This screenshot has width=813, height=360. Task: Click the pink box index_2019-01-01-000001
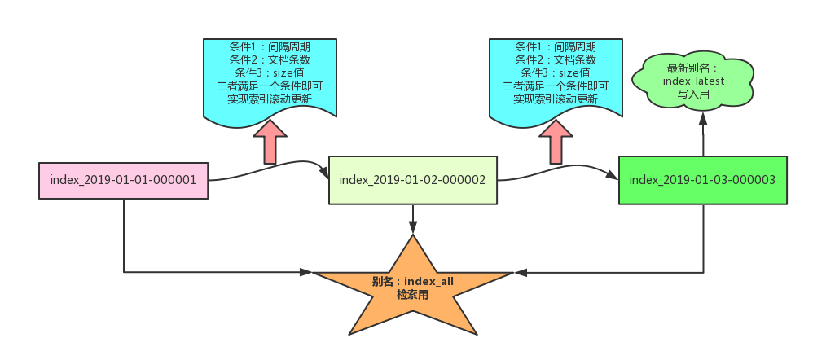pyautogui.click(x=123, y=180)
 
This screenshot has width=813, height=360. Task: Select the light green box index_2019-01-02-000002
pyautogui.click(x=412, y=179)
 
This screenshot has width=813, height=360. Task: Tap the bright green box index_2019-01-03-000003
pyautogui.click(x=702, y=179)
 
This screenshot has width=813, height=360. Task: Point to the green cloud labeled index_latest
pyautogui.click(x=694, y=81)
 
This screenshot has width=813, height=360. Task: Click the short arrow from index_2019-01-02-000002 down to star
pyautogui.click(x=413, y=218)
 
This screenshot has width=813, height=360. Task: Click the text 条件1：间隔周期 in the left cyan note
pyautogui.click(x=270, y=46)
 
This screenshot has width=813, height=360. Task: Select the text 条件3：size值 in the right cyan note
pyautogui.click(x=556, y=72)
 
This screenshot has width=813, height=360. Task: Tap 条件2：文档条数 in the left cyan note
pyautogui.click(x=270, y=59)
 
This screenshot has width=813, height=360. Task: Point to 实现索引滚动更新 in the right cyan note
pyautogui.click(x=556, y=99)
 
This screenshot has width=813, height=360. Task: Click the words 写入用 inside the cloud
pyautogui.click(x=694, y=94)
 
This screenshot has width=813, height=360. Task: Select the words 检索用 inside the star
pyautogui.click(x=412, y=294)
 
